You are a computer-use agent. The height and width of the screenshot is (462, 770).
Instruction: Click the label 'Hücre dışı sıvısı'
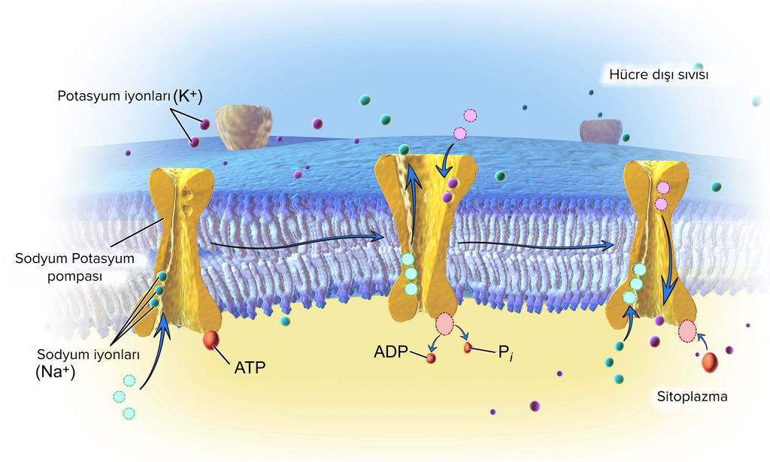[x=659, y=74]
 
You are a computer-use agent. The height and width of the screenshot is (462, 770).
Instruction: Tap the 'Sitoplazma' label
[x=692, y=397]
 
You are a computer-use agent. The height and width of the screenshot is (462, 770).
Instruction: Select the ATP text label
[x=250, y=367]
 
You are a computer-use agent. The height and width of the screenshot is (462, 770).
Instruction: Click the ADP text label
[x=391, y=352]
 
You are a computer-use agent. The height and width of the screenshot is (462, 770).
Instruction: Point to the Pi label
[x=505, y=352]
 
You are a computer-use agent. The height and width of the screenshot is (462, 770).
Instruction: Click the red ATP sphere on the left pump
[x=211, y=340]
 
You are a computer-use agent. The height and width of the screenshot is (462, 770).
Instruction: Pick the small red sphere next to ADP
[x=431, y=358]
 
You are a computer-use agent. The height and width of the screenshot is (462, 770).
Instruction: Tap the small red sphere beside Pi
[x=468, y=348]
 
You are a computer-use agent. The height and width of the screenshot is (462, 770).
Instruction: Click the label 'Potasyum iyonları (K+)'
[x=129, y=95]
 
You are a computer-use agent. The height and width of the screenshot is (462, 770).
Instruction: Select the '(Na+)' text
[x=55, y=372]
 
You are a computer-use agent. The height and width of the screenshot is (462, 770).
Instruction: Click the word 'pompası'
[x=74, y=276]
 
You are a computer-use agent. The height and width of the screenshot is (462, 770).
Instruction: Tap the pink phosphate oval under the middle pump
[x=444, y=324]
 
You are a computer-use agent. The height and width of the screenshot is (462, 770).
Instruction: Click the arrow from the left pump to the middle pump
[x=297, y=243]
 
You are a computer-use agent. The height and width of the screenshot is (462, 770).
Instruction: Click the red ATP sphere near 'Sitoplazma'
[x=710, y=362]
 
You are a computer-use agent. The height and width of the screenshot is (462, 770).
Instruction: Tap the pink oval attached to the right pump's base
[x=687, y=331]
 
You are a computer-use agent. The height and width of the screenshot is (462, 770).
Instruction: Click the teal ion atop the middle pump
[x=404, y=149]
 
